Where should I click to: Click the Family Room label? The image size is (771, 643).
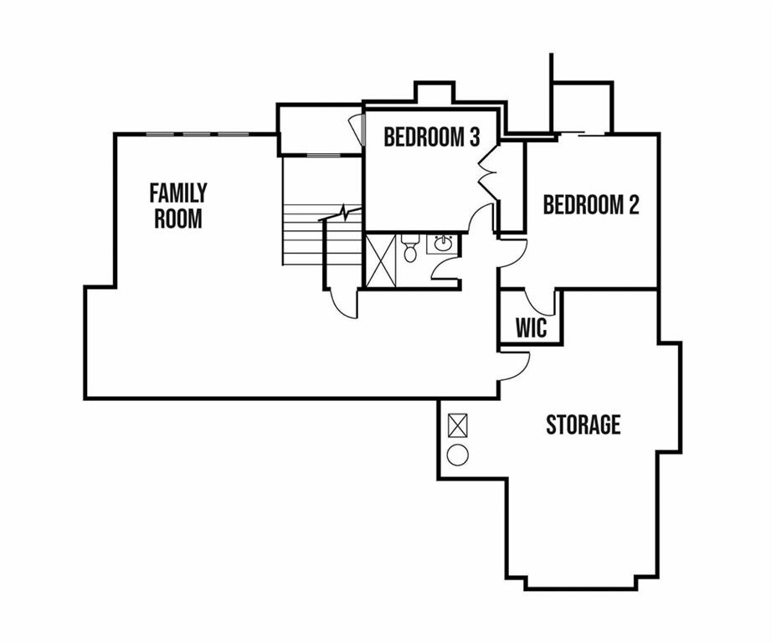click(x=178, y=206)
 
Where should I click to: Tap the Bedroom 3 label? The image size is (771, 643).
click(x=432, y=137)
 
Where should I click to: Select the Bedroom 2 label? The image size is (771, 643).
click(x=591, y=204)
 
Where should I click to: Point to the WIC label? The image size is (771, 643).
click(x=531, y=328)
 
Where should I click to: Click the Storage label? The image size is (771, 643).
click(x=583, y=424)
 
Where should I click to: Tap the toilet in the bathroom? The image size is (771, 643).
click(x=409, y=247)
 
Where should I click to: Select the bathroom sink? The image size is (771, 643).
click(x=443, y=243)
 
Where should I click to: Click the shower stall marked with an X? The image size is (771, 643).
click(x=381, y=260)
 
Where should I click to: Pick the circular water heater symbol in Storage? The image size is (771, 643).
click(x=458, y=455)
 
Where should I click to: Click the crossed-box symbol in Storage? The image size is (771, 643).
click(x=458, y=425)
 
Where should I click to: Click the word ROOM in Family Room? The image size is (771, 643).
click(x=178, y=219)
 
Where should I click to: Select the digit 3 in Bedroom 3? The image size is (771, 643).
click(x=474, y=137)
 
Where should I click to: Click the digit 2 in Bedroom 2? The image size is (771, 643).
click(x=634, y=204)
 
